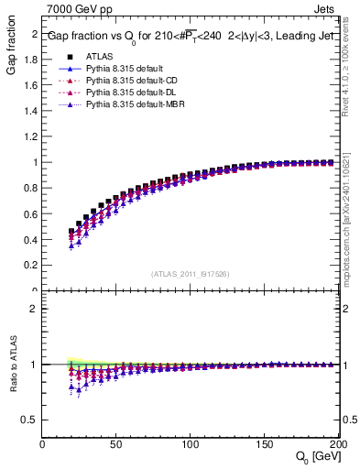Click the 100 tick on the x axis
[190, 443]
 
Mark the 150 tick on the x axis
[263, 443]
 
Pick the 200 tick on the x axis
[335, 443]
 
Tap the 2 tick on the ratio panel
[35, 309]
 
